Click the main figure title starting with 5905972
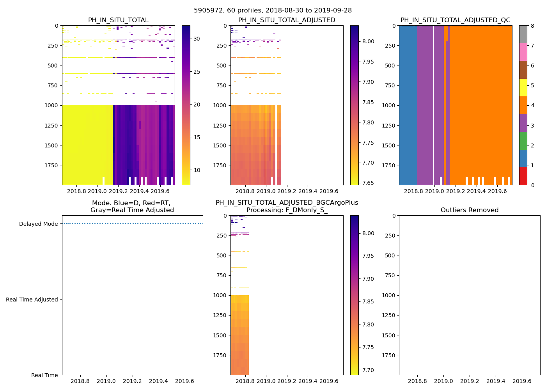pyautogui.click(x=273, y=11)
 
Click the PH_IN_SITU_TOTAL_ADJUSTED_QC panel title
pyautogui.click(x=455, y=20)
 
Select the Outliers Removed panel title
pyautogui.click(x=469, y=210)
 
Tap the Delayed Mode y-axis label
pyautogui.click(x=38, y=224)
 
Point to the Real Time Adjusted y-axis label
pyautogui.click(x=32, y=300)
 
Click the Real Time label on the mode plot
pyautogui.click(x=44, y=375)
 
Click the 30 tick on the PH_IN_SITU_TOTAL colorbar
pyautogui.click(x=197, y=39)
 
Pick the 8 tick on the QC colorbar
pyautogui.click(x=532, y=26)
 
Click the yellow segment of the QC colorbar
pyautogui.click(x=523, y=88)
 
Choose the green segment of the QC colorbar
pyautogui.click(x=523, y=141)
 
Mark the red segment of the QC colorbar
pyautogui.click(x=523, y=176)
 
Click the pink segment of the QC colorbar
pyautogui.click(x=523, y=52)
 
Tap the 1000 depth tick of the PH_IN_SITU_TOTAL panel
pyautogui.click(x=51, y=105)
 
